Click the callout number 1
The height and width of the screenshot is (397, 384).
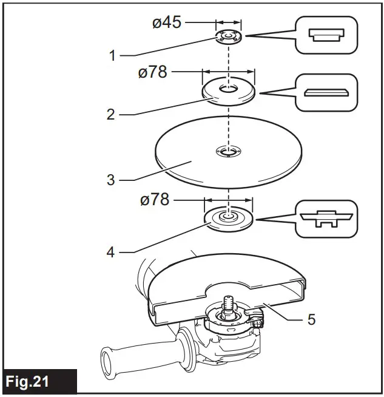pos(112,56)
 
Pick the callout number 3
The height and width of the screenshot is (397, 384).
pos(110,181)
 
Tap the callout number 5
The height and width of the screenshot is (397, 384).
pos(311,319)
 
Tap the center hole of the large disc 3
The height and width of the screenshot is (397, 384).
pos(228,152)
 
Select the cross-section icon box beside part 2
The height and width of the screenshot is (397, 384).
pos(326,92)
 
